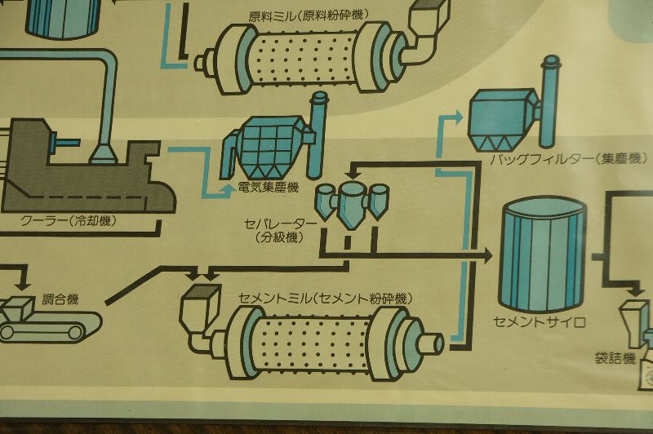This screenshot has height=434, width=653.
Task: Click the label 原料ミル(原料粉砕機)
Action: point(309,15)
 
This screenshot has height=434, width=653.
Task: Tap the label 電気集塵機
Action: point(269,188)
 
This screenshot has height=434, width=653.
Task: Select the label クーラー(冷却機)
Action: point(69,220)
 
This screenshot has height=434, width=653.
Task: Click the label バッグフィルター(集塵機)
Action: point(569,159)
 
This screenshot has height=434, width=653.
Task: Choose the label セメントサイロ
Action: point(540,321)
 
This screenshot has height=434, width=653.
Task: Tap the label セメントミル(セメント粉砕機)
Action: point(325,299)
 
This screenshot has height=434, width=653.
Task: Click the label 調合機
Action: point(60,299)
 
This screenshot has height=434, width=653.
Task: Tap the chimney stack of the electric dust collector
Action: point(318,135)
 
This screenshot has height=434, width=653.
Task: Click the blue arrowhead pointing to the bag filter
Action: point(457,117)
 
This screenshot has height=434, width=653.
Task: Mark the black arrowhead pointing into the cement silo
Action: point(486,255)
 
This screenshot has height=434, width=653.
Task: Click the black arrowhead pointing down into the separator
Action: point(353,170)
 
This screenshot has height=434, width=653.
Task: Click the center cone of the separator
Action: point(352,206)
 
